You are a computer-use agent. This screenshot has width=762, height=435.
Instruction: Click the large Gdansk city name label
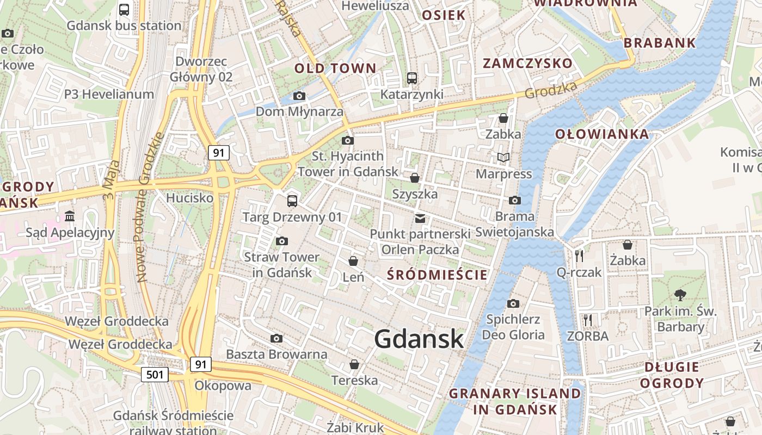tap(419, 339)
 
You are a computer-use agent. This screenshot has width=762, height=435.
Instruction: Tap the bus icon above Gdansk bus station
tap(124, 9)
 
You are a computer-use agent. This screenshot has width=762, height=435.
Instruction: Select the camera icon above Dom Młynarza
tap(299, 96)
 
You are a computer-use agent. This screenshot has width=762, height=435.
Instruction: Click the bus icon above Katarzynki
tap(412, 78)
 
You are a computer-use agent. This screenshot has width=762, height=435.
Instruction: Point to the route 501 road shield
tap(155, 374)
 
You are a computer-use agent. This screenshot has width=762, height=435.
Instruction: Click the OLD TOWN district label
tap(335, 69)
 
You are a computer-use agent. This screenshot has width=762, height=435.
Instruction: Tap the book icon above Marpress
tap(503, 158)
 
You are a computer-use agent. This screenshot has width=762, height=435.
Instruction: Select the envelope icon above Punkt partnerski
tap(420, 218)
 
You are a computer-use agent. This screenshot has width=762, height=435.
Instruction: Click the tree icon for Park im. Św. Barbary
tap(680, 295)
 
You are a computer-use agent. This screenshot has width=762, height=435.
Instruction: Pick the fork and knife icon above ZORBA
tap(587, 320)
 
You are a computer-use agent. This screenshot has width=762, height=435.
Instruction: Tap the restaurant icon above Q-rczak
tap(579, 256)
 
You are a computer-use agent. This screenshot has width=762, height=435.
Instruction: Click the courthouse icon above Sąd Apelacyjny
tap(70, 216)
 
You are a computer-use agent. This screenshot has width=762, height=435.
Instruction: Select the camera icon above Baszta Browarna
tap(276, 339)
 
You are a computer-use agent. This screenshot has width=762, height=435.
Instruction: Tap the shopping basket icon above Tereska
tap(354, 364)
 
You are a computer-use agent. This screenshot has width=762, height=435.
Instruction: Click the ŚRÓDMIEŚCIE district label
tap(437, 275)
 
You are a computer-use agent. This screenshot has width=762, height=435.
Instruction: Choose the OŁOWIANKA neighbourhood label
tap(602, 134)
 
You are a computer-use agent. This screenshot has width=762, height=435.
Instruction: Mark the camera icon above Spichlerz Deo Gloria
tap(513, 303)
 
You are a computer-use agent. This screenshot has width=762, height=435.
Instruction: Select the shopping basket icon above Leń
tap(353, 262)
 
